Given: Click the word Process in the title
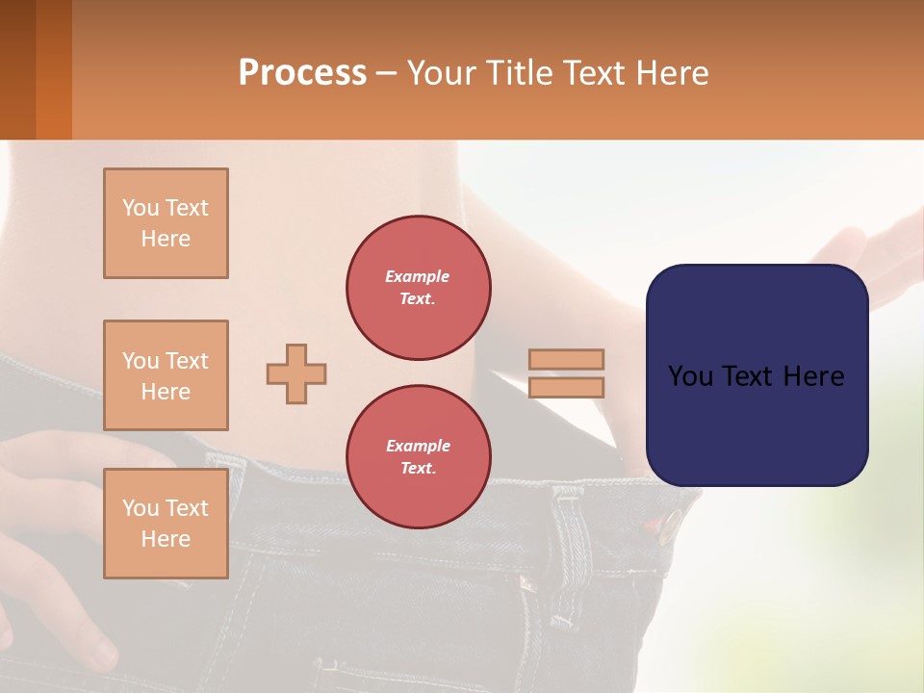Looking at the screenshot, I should tap(302, 72).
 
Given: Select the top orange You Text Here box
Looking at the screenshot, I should tap(166, 223).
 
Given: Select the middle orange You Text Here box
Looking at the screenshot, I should tap(166, 375).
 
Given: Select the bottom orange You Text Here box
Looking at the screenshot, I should tap(166, 524).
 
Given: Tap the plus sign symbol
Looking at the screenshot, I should tap(296, 373).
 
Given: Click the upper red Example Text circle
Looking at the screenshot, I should tap(419, 288).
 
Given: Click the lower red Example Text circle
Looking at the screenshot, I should tap(419, 457).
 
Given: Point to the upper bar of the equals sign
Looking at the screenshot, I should tap(566, 359).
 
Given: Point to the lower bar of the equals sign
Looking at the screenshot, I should tap(566, 387).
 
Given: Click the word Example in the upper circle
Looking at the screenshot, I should tap(418, 276).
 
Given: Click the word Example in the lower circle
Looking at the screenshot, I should tap(418, 446).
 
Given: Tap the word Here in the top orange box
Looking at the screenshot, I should tap(166, 239).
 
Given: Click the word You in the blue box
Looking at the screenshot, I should tap(690, 376).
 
